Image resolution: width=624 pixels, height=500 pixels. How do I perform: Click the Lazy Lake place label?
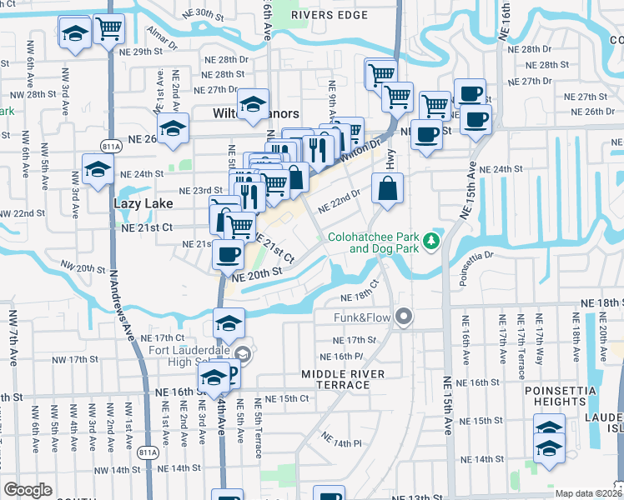(x=143, y=203)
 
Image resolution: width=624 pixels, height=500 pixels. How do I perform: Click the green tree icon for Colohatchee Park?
(x=431, y=241)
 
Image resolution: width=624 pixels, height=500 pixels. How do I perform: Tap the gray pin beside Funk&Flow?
(x=405, y=317)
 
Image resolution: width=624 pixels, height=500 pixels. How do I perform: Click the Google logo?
(x=28, y=490)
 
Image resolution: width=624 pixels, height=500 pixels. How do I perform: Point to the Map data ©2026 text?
(x=587, y=493)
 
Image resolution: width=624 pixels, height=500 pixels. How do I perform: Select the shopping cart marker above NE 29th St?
(x=108, y=29)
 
